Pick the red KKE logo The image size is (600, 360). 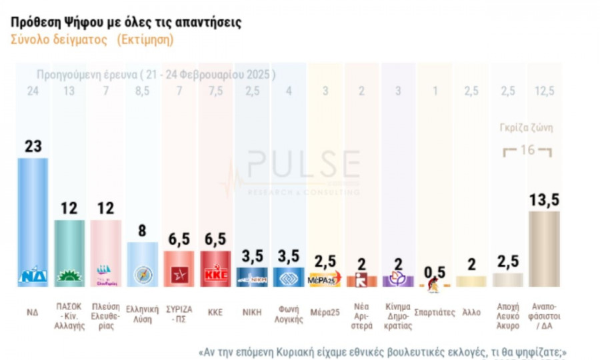click(x=215, y=275)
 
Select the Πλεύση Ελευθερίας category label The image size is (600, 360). click(x=105, y=316)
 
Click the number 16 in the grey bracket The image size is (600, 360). click(x=527, y=150)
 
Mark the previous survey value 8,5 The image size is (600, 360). click(x=142, y=91)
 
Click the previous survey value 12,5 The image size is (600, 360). click(x=544, y=91)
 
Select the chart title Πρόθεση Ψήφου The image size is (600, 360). click(x=126, y=22)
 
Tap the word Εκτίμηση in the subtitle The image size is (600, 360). click(x=145, y=40)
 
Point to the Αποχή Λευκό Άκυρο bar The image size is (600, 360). click(x=507, y=279)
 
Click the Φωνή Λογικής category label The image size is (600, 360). click(x=288, y=316)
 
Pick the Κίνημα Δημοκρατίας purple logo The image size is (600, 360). click(x=397, y=278)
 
